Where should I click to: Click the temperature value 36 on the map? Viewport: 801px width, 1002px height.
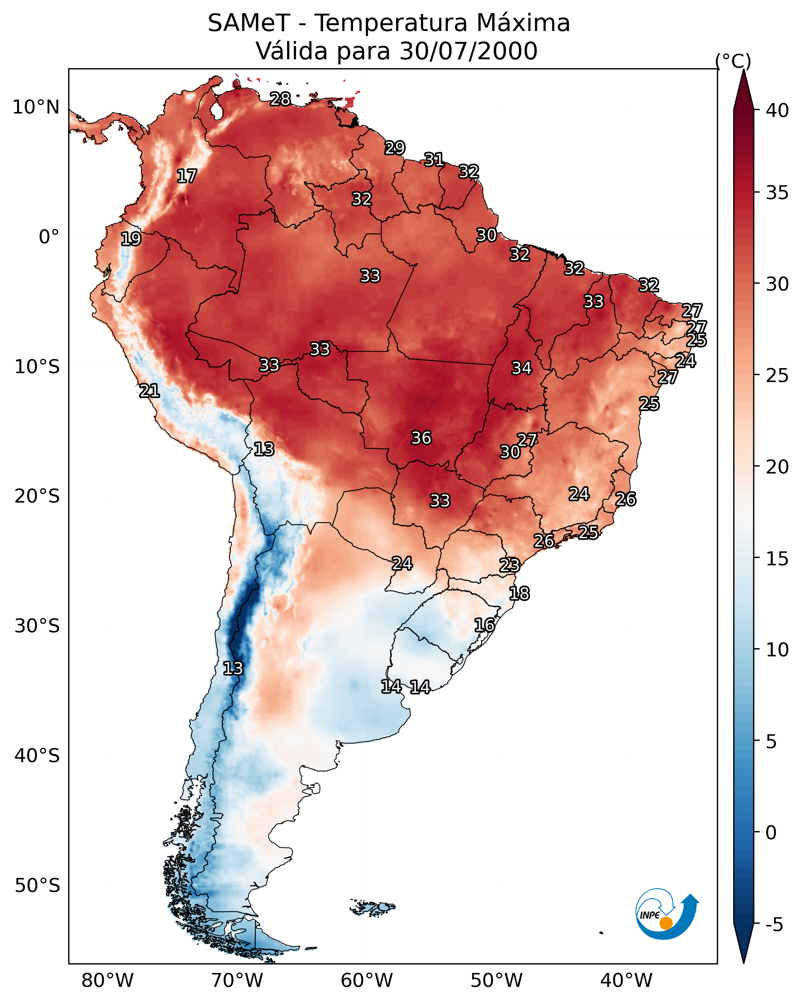[421, 438]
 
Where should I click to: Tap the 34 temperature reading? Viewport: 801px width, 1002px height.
[522, 368]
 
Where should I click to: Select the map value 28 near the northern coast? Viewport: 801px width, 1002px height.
[280, 99]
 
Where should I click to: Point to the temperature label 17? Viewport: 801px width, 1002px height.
[187, 176]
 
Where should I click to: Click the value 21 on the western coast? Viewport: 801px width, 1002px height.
[149, 391]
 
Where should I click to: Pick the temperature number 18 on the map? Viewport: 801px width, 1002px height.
[519, 594]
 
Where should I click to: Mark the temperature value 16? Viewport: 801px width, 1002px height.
[484, 625]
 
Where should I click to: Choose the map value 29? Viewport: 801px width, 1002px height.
[395, 148]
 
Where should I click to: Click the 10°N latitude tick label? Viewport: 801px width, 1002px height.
[36, 107]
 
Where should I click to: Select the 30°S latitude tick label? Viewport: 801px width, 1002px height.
[37, 626]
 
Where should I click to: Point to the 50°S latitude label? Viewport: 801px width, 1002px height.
[37, 885]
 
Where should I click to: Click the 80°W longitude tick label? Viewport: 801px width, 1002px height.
[107, 980]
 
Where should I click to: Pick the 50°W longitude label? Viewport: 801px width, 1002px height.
[496, 980]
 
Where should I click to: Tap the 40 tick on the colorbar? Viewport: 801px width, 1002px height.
[777, 110]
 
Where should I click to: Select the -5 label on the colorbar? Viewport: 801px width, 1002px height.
[774, 925]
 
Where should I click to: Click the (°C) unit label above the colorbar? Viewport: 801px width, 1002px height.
[733, 61]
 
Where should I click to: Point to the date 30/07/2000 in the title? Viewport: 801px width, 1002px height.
[469, 51]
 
